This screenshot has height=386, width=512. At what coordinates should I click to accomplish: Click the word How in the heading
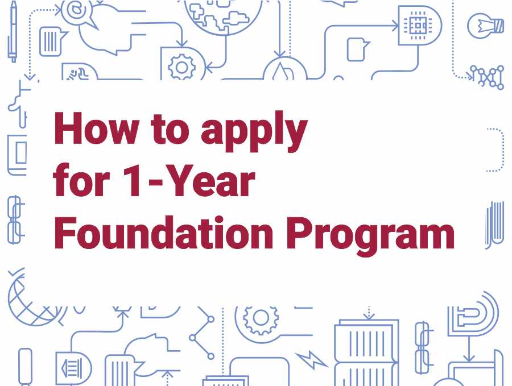click(96, 128)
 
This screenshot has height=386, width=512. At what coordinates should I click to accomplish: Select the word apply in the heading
click(254, 131)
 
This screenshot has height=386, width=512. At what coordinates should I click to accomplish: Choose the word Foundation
click(163, 233)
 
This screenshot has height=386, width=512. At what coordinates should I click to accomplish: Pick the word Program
click(370, 235)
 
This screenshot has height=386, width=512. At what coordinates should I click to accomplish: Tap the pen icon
click(13, 31)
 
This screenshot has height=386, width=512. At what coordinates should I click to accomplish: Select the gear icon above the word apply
click(182, 67)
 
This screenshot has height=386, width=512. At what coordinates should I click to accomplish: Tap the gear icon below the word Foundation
click(261, 319)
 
